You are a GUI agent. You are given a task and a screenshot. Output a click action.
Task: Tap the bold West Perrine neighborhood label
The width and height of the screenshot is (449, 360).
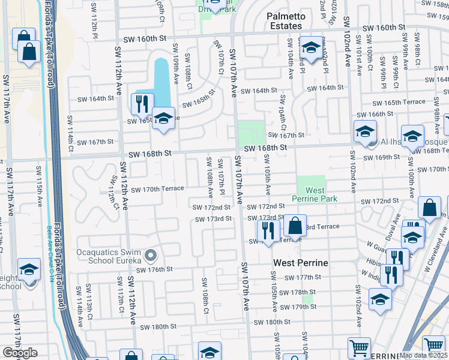click(300, 263)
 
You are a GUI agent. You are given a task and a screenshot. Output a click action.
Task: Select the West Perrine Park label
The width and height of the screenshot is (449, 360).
click(311, 194)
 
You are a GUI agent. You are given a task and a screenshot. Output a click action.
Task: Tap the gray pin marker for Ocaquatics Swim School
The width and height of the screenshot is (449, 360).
click(151, 256)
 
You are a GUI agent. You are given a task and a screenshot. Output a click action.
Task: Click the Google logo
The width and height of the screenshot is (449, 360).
click(19, 353)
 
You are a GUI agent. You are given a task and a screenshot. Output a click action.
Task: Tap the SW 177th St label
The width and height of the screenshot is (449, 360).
click(304, 277)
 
